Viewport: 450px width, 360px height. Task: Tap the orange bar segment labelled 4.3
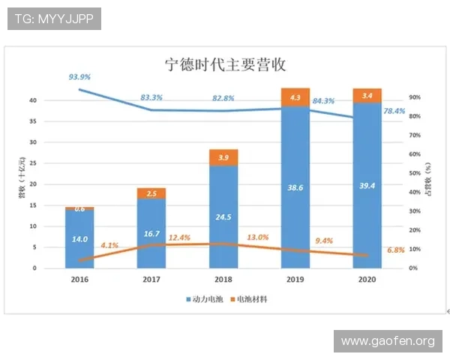(x=295, y=97)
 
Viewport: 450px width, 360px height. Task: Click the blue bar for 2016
(x=79, y=238)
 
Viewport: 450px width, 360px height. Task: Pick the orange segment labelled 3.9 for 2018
(x=223, y=157)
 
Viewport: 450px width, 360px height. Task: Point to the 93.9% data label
(x=79, y=77)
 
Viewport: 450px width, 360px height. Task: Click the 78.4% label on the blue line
(x=394, y=111)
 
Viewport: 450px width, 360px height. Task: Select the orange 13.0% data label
(x=258, y=237)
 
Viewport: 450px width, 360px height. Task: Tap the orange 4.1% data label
(x=109, y=245)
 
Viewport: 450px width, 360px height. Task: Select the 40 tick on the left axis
(x=33, y=100)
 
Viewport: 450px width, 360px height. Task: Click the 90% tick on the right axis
(x=414, y=97)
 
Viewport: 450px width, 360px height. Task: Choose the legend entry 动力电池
(x=207, y=298)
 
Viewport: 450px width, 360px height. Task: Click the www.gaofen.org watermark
(x=387, y=341)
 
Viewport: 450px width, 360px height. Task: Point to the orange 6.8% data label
(x=394, y=250)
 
